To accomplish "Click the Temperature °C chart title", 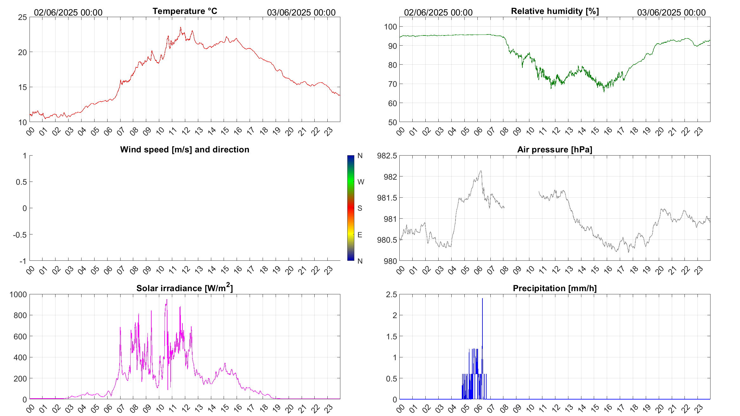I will point(185,11).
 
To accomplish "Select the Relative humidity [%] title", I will point(555,11).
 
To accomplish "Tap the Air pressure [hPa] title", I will point(554,150).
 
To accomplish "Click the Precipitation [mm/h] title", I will point(554,288).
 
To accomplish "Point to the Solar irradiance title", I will point(185,288).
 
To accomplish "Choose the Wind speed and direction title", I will point(185,150).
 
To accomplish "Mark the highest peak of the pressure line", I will point(481,171).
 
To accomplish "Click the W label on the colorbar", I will point(361,182).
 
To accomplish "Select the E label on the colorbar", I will point(360,235).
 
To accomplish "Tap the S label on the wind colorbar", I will point(360,208).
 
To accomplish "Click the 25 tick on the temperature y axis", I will point(23,17).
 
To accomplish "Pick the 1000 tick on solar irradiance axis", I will point(18,294).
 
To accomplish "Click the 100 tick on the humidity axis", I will point(390,27).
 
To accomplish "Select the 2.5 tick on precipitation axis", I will point(391,294).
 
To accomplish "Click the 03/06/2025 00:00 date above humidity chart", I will point(671,12).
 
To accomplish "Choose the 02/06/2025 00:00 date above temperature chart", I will point(68,12).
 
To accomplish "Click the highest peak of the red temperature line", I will point(180,28).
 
